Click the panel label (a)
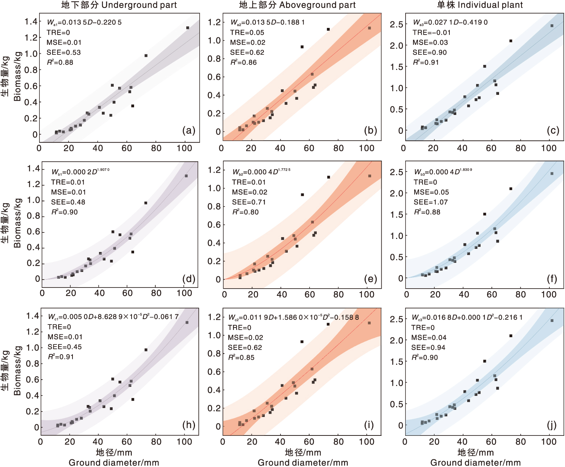[189, 131]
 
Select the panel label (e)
[370, 279]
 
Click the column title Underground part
[119, 5]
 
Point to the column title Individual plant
[480, 5]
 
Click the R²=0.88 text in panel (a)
[60, 62]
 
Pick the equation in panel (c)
[450, 22]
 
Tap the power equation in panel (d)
[80, 171]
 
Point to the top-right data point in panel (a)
[188, 28]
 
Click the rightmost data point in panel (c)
[552, 26]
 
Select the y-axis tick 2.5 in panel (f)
[396, 172]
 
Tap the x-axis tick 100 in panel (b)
[367, 148]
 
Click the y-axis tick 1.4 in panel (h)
[33, 316]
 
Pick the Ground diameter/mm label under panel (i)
[303, 463]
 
